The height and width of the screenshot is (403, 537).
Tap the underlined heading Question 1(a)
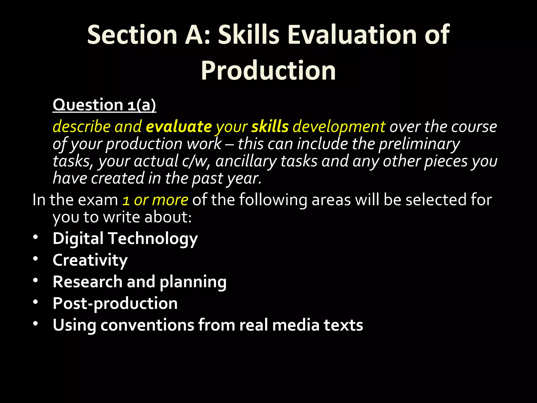(x=104, y=105)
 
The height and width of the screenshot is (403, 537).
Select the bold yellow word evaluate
(x=179, y=127)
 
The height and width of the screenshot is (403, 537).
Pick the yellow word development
(x=339, y=127)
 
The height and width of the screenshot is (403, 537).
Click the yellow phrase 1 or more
(x=155, y=200)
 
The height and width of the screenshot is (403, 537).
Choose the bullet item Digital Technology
(x=125, y=239)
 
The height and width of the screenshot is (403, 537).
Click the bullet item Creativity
(x=90, y=260)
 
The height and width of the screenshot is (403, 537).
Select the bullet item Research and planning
(x=139, y=282)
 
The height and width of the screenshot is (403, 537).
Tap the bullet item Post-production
(x=115, y=304)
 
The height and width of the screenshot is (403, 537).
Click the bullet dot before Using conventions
(x=36, y=324)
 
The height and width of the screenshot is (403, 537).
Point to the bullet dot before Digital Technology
(x=36, y=237)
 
